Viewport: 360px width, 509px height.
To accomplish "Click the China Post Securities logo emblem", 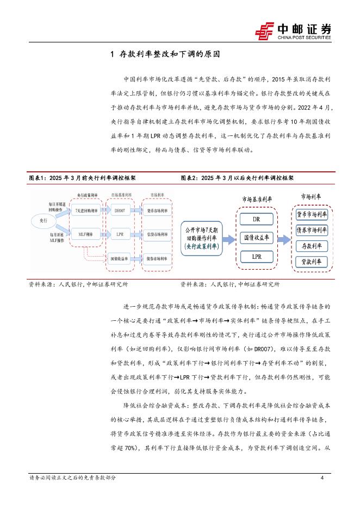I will pyautogui.click(x=265, y=30).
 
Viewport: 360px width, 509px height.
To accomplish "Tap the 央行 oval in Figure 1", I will pyautogui.click(x=45, y=221).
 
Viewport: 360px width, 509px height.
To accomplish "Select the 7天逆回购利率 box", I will pyautogui.click(x=85, y=209).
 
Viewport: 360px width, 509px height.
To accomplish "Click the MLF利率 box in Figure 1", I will pyautogui.click(x=85, y=234).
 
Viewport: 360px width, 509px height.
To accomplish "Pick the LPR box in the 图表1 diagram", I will pyautogui.click(x=121, y=234).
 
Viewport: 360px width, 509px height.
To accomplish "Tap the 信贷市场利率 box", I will pyautogui.click(x=157, y=234).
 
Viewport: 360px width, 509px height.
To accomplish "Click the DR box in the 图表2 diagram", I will pyautogui.click(x=256, y=220).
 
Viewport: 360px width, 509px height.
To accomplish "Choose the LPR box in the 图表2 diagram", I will pyautogui.click(x=256, y=256).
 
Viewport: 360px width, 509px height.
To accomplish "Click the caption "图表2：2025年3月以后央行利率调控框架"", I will pyautogui.click(x=237, y=177).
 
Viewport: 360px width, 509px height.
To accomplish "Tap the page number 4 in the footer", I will pyautogui.click(x=322, y=477).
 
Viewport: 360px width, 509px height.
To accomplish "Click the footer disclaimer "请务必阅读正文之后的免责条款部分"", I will pyautogui.click(x=72, y=477).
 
